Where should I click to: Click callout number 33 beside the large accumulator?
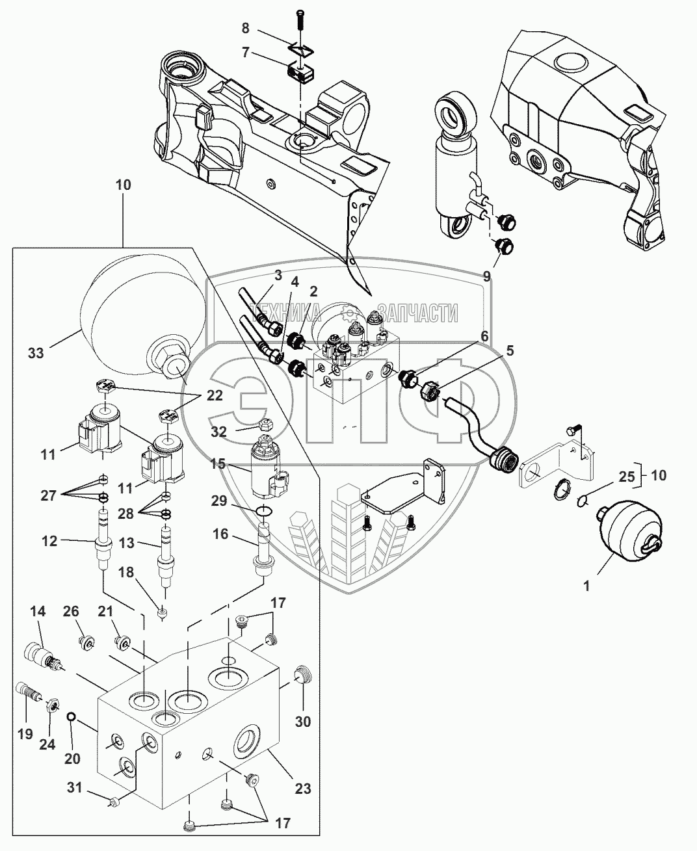tap(36, 354)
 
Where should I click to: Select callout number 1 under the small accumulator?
tap(586, 586)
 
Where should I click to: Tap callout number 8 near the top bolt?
tap(244, 29)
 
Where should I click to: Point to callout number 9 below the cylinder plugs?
tap(488, 276)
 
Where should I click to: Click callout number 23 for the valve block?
tap(302, 789)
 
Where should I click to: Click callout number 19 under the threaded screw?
tap(25, 733)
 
